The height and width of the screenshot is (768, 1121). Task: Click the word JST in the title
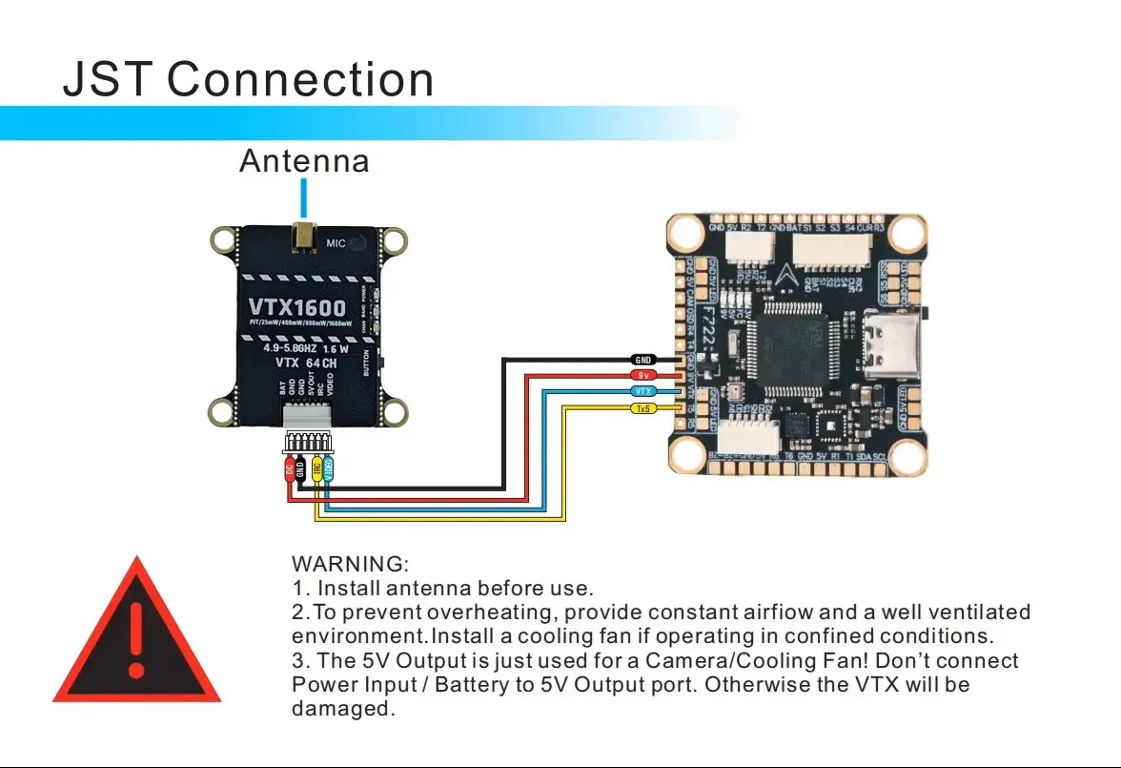(x=108, y=79)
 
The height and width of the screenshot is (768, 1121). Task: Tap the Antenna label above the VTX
(x=304, y=160)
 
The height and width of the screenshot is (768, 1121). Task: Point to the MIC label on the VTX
(x=336, y=243)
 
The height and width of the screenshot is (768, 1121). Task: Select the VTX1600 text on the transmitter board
(x=297, y=308)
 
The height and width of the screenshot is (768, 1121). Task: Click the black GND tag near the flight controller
(x=643, y=360)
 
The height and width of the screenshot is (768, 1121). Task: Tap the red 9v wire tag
(x=643, y=375)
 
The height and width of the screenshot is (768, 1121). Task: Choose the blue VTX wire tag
(x=643, y=391)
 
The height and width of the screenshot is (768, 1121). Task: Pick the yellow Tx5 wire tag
(x=643, y=408)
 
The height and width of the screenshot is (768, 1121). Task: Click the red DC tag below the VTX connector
(x=290, y=468)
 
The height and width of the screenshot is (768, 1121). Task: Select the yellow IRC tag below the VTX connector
(x=316, y=468)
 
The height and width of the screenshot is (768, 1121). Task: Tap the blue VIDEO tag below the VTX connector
(x=329, y=468)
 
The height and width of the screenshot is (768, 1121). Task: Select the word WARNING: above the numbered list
(x=350, y=564)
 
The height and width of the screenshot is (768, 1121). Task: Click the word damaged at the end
(x=342, y=709)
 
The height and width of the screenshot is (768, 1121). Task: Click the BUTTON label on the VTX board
(x=366, y=363)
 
